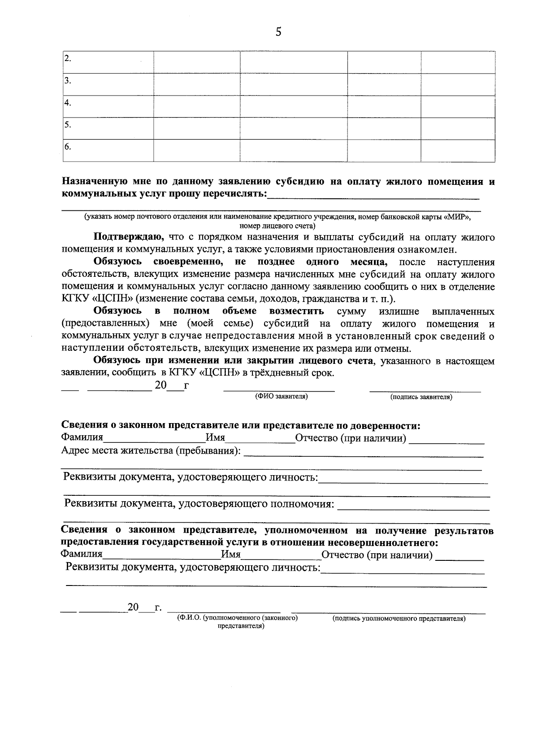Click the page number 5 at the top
pos(278,32)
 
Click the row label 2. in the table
pos(68,59)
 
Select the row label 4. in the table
pos(68,103)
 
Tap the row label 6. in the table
pos(68,147)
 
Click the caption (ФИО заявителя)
pos(281,397)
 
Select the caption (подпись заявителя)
pos(421,397)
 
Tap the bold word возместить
pos(296,311)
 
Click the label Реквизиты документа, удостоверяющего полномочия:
pos(200,504)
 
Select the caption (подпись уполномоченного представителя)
pos(399,619)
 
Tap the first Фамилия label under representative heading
pos(82,437)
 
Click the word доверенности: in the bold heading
pos(385,425)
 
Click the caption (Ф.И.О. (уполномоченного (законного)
pos(238,618)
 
